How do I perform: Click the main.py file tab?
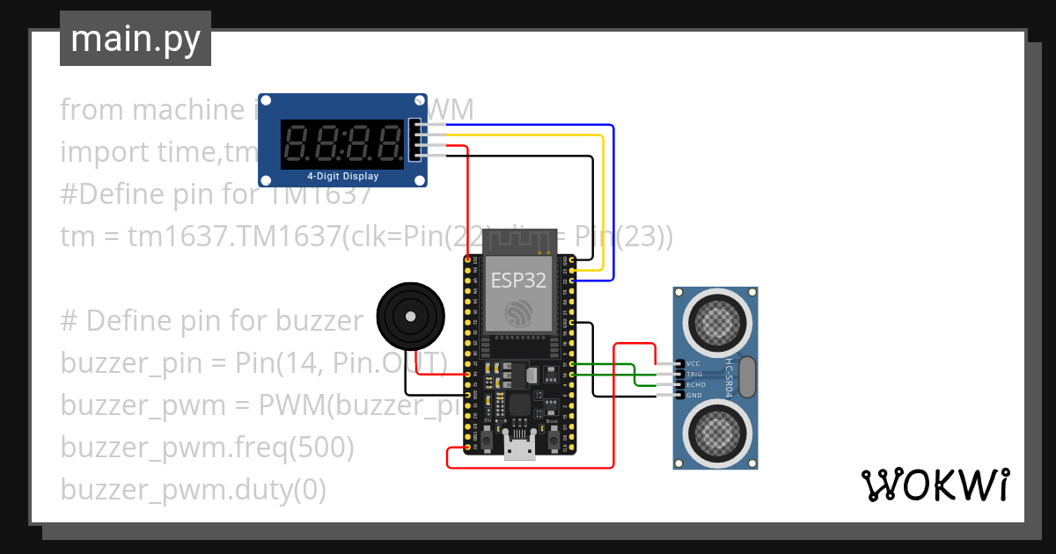click(135, 39)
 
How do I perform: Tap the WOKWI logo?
click(934, 485)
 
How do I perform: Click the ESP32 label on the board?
click(517, 281)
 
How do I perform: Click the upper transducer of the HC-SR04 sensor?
click(715, 322)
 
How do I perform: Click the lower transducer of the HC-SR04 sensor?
click(715, 431)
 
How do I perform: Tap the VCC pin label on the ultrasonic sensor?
click(693, 363)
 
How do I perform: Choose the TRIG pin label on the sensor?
click(694, 374)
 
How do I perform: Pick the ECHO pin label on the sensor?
click(695, 384)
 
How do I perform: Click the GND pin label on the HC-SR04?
click(693, 395)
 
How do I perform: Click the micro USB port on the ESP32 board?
click(520, 448)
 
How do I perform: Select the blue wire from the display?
click(612, 202)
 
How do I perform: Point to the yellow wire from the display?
click(602, 202)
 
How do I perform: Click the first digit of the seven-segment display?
click(297, 142)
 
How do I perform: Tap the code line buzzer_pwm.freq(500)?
click(207, 448)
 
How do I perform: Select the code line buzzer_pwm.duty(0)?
click(193, 490)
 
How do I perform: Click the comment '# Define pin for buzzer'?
click(211, 320)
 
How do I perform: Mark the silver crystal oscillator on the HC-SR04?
click(747, 376)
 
